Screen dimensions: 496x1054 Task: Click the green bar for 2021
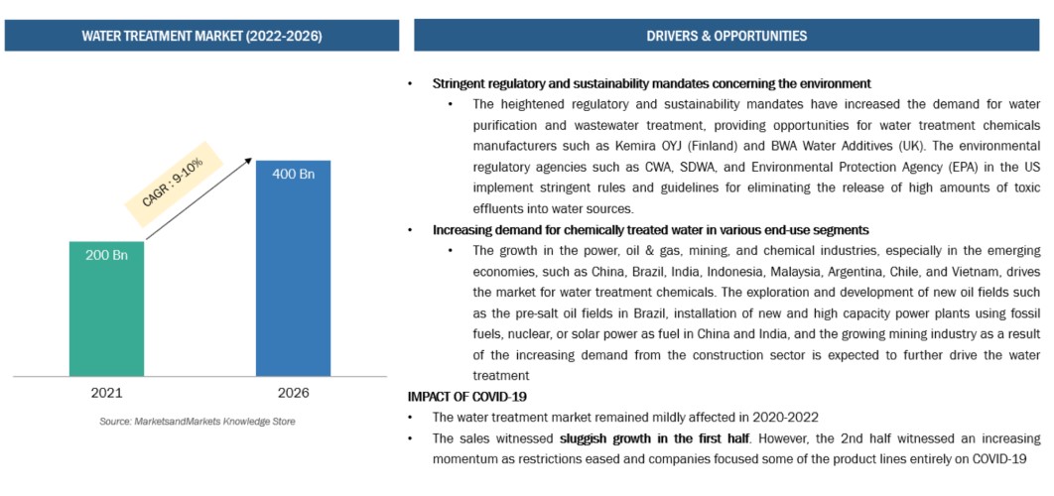pyautogui.click(x=106, y=308)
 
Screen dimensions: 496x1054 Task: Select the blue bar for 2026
pyautogui.click(x=294, y=268)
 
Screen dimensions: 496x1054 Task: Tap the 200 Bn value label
pyautogui.click(x=106, y=256)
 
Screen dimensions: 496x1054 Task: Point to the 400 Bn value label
pyautogui.click(x=294, y=175)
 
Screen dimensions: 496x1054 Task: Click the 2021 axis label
pyautogui.click(x=106, y=393)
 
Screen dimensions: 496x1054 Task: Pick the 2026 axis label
pyautogui.click(x=294, y=393)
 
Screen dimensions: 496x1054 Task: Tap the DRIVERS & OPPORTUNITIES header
pyautogui.click(x=726, y=36)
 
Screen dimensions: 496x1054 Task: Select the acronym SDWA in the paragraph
pyautogui.click(x=617, y=167)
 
